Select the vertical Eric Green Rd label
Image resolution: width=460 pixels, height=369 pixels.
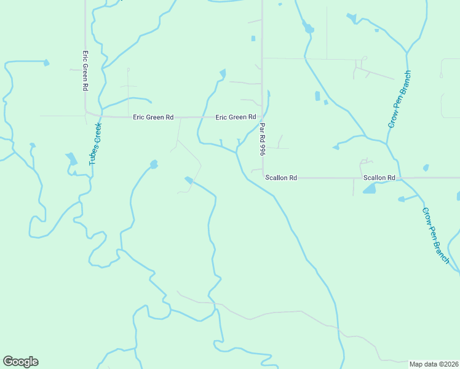click(85, 71)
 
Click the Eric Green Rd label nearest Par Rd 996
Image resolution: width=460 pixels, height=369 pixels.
click(236, 117)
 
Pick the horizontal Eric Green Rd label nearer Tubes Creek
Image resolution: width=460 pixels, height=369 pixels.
click(153, 117)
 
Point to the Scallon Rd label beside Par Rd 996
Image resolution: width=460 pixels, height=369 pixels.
click(281, 178)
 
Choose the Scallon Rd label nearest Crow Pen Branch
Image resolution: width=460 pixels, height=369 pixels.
click(379, 178)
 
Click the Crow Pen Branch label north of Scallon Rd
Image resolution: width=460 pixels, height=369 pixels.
click(399, 99)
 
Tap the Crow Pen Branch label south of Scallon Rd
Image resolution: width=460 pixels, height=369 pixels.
click(436, 236)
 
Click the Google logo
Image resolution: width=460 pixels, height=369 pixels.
click(20, 362)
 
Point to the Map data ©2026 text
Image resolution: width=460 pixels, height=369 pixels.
click(434, 364)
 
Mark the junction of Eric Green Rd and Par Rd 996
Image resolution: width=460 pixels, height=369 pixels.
click(263, 117)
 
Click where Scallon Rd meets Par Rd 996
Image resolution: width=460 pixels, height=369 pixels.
click(263, 178)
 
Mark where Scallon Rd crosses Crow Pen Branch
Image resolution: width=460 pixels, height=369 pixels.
click(399, 178)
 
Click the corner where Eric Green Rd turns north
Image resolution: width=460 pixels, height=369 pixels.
click(86, 113)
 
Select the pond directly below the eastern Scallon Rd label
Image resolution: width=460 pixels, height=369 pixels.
click(369, 189)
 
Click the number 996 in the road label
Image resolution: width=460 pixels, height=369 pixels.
click(262, 148)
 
